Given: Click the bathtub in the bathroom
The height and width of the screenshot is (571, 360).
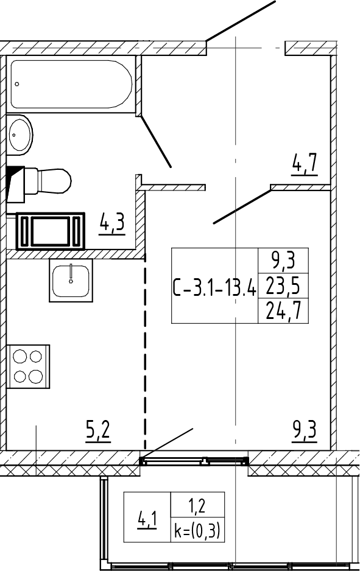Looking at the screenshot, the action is [71, 84].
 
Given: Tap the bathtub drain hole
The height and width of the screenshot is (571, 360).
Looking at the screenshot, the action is [17, 84].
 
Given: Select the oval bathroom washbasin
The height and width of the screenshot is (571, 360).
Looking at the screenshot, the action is [20, 135].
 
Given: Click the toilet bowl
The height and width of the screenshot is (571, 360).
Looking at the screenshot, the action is [54, 181].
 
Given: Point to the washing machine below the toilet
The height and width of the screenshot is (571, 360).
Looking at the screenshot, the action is [51, 231].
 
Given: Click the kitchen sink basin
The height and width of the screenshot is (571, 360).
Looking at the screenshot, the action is [71, 281].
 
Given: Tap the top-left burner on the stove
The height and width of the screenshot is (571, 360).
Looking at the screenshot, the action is [19, 356].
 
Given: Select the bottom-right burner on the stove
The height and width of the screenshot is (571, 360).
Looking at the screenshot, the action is [36, 376].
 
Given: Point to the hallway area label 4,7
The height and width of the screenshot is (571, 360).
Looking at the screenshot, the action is [305, 164].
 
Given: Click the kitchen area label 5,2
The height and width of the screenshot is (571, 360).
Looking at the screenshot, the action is [97, 430].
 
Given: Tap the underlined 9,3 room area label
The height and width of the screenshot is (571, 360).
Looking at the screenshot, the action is [305, 430].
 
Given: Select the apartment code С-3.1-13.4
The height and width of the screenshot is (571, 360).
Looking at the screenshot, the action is [214, 287].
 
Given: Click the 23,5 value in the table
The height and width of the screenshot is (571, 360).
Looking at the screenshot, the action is [283, 285].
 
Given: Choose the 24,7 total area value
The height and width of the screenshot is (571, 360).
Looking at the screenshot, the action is [283, 310].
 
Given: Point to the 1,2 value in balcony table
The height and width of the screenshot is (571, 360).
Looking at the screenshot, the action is [197, 506].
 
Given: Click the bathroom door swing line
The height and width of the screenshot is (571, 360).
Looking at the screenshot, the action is [156, 142].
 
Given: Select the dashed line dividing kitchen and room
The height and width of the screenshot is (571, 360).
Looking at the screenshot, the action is [145, 352].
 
